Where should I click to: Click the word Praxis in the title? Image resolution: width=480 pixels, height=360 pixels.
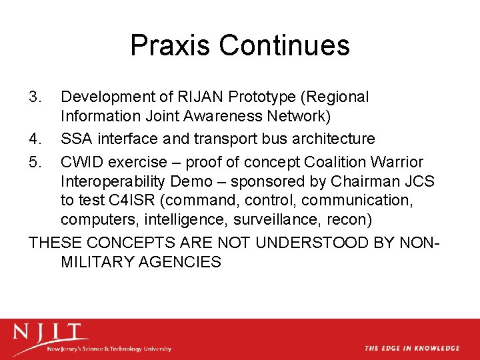point(171,45)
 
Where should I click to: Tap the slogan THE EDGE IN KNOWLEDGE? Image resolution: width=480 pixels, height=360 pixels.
point(411,348)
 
